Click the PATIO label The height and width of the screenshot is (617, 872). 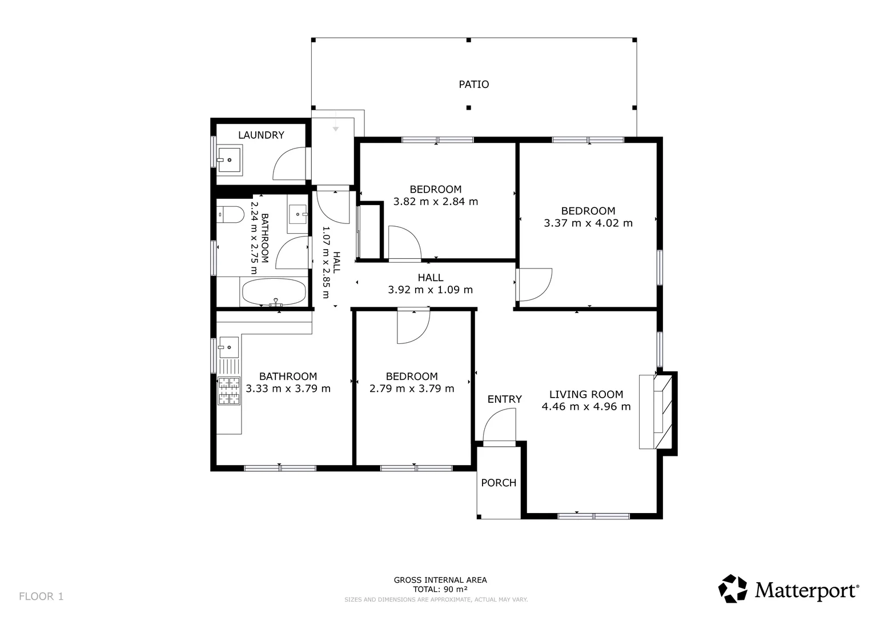[473, 84]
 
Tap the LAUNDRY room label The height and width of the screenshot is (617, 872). [261, 135]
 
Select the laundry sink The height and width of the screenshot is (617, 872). [230, 158]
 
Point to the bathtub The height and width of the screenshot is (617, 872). [274, 292]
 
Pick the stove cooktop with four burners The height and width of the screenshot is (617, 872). [229, 391]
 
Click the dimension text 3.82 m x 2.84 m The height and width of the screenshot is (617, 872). [435, 201]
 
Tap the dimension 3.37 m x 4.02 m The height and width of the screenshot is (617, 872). [588, 223]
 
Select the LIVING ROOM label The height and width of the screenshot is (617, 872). [586, 394]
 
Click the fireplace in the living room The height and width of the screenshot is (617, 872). [658, 412]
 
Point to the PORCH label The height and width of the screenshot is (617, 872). [499, 483]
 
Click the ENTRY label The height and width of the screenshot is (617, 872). [504, 399]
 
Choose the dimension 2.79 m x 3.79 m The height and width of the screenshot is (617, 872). [412, 388]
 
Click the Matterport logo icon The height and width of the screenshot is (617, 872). [733, 588]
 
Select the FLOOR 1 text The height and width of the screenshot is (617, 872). [41, 596]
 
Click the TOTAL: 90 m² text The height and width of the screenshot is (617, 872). [440, 590]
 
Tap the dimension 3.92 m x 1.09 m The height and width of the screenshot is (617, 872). [430, 290]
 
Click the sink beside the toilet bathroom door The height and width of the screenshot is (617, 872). [298, 214]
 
